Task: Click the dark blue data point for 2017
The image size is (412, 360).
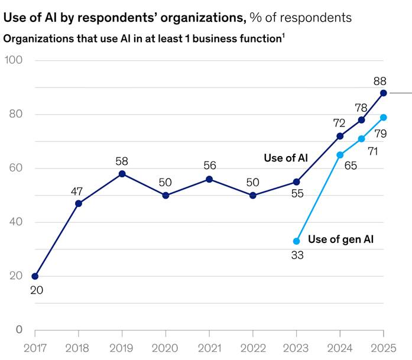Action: pyautogui.click(x=35, y=276)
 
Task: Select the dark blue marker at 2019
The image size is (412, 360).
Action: pyautogui.click(x=122, y=174)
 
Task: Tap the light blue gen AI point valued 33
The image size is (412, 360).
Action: pyautogui.click(x=297, y=241)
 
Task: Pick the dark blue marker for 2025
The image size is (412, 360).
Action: pyautogui.click(x=384, y=93)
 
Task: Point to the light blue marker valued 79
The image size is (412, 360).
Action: pyautogui.click(x=384, y=117)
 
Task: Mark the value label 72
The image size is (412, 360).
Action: pyautogui.click(x=339, y=123)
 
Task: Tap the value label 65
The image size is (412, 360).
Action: pyautogui.click(x=351, y=165)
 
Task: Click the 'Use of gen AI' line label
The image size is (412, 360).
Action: pyautogui.click(x=341, y=239)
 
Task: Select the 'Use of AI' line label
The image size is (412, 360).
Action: pyautogui.click(x=286, y=158)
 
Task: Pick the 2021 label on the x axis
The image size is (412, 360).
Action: pyautogui.click(x=209, y=348)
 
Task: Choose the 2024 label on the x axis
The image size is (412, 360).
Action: pyautogui.click(x=340, y=348)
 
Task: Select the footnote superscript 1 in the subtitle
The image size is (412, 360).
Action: pyautogui.click(x=283, y=37)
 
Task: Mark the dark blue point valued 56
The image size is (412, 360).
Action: pyautogui.click(x=209, y=179)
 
